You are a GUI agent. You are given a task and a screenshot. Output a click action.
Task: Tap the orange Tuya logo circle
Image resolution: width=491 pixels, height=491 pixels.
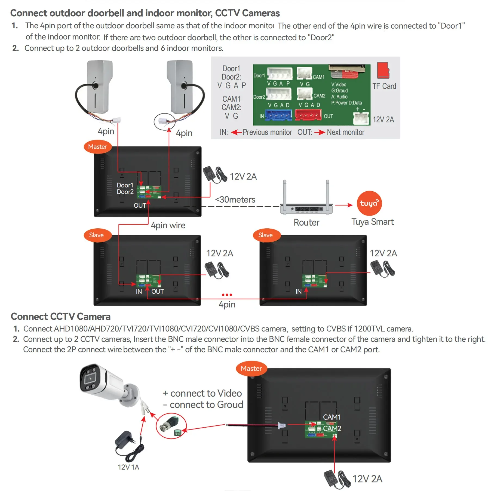(x=369, y=203)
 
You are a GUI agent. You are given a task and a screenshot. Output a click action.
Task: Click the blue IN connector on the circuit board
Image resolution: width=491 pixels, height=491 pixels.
(x=278, y=115)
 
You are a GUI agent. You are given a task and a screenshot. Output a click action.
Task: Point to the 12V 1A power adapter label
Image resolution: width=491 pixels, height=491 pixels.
(x=128, y=467)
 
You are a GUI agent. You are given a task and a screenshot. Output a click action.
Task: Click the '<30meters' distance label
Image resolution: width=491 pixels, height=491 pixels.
(x=235, y=200)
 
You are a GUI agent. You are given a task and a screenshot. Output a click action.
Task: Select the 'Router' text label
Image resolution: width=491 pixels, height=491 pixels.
(x=306, y=222)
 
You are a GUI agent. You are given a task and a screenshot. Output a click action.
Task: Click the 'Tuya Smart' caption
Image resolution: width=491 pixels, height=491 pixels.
(x=372, y=222)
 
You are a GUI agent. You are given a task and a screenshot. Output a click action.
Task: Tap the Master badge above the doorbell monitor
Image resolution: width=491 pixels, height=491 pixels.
(x=97, y=147)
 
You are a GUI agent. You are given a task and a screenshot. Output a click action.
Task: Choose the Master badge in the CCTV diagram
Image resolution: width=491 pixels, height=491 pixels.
(x=251, y=369)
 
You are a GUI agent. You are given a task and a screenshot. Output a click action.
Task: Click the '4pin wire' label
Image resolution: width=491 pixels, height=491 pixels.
(x=168, y=225)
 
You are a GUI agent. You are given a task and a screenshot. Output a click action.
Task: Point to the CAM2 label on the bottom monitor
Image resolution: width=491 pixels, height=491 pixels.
(x=332, y=428)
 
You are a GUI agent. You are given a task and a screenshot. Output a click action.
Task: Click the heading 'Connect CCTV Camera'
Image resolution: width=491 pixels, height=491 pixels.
(x=61, y=317)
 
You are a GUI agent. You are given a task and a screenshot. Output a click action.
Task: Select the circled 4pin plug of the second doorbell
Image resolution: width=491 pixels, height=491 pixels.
(x=164, y=121)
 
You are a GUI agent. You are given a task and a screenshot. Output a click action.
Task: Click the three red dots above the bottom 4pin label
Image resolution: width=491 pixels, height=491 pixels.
(x=227, y=295)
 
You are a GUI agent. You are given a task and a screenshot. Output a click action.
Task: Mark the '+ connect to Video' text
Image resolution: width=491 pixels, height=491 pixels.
(x=202, y=393)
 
